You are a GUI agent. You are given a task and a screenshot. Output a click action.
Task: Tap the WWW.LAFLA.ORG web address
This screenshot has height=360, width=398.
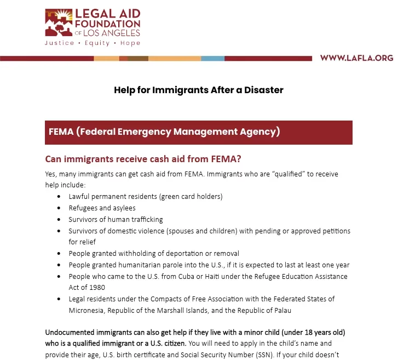356,58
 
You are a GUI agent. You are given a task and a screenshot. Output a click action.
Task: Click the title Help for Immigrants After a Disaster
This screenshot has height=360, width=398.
199,90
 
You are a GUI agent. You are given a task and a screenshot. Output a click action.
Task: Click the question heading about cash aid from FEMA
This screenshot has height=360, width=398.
143,159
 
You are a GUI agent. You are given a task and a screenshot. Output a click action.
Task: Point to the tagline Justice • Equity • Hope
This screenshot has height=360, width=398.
93,43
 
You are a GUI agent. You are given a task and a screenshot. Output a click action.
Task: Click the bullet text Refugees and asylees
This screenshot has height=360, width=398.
102,208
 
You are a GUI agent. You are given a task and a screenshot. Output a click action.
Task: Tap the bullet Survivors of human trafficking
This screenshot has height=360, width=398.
116,220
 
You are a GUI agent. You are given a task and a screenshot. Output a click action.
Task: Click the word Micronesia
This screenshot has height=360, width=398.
86,311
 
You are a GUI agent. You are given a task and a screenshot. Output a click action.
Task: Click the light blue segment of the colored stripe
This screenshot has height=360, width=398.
212,59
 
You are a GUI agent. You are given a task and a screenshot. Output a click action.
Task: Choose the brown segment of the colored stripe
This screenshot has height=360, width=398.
138,59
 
